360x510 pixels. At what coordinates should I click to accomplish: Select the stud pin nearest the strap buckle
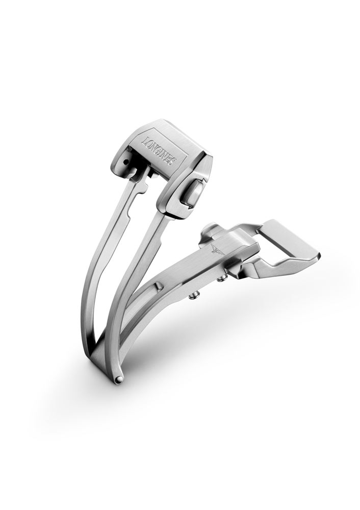click(x=222, y=278)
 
